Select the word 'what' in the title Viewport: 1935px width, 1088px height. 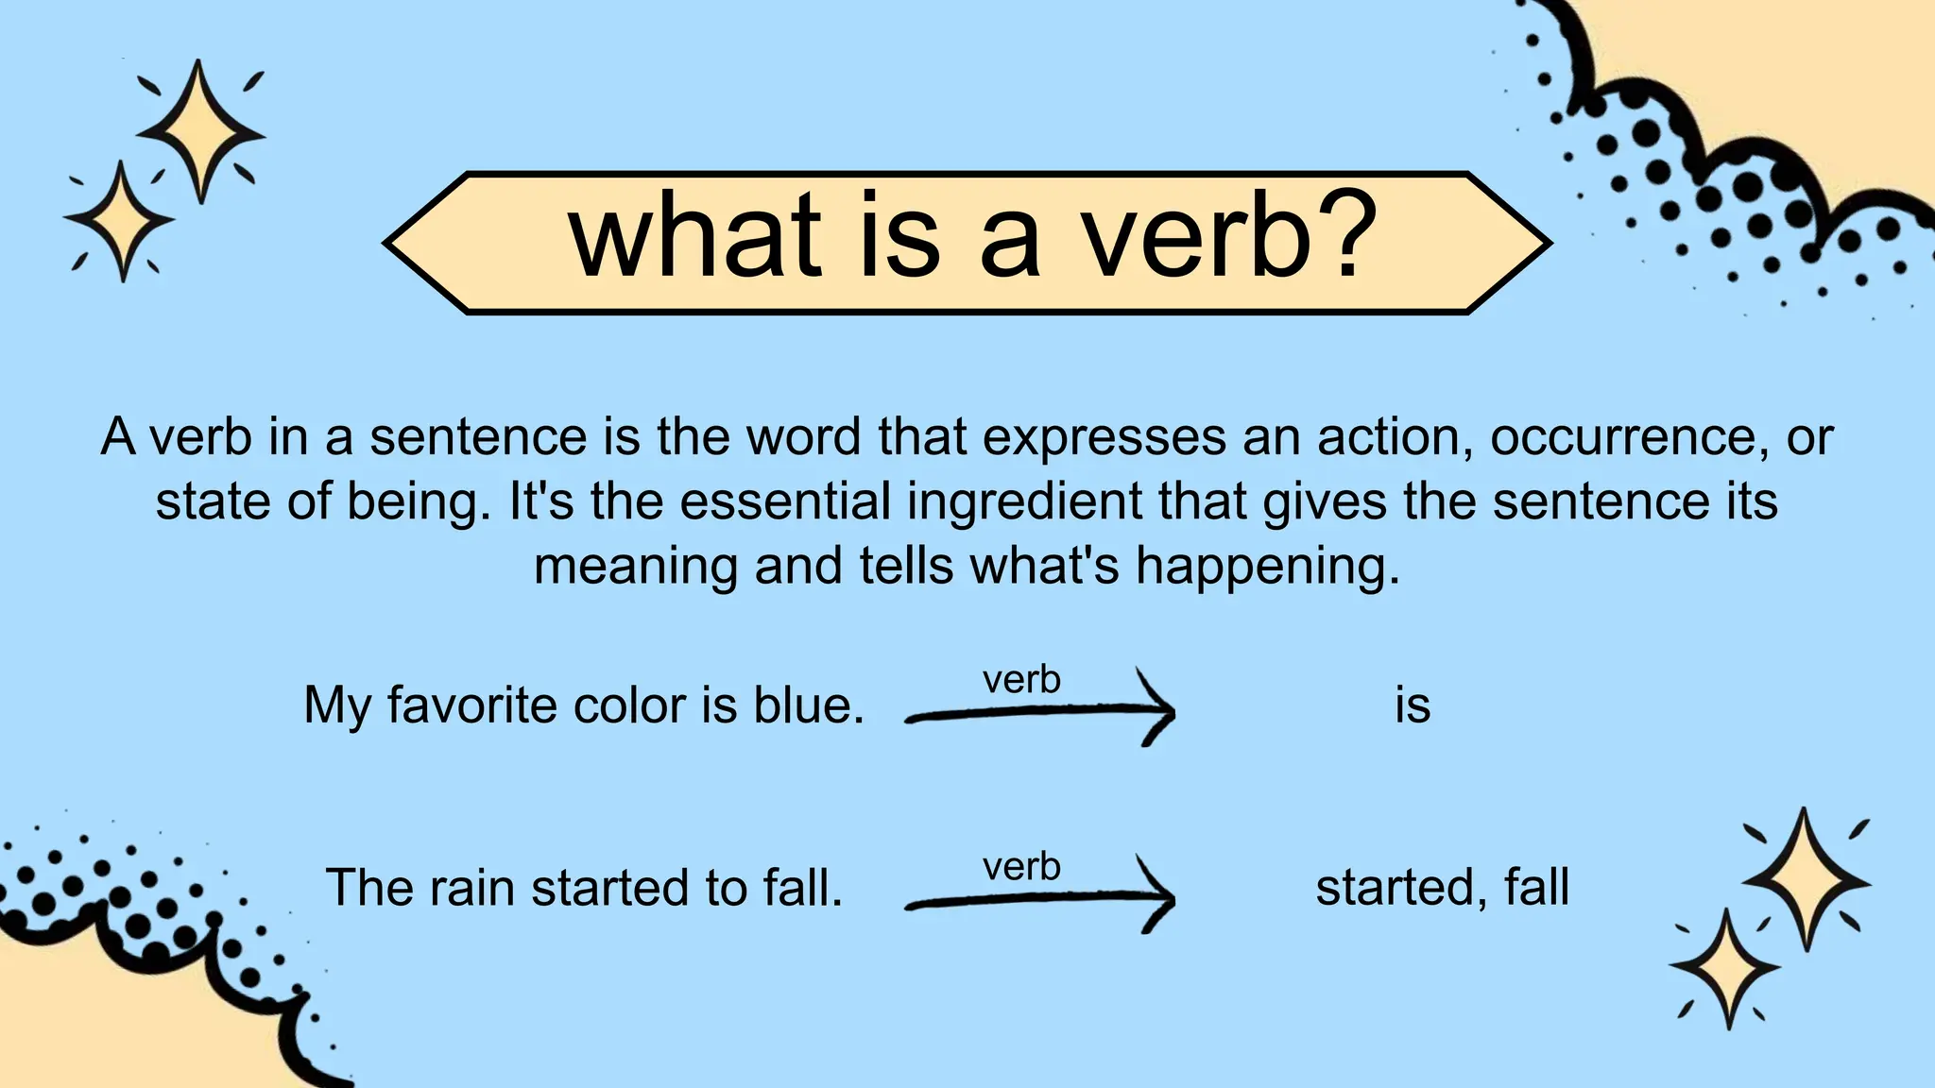pyautogui.click(x=694, y=236)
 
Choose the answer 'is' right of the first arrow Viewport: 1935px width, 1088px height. pyautogui.click(x=1413, y=705)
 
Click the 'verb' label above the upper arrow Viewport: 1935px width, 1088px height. pyautogui.click(x=1021, y=680)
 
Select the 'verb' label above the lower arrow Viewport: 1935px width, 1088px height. pyautogui.click(x=1021, y=867)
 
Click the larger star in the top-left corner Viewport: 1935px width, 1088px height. pyautogui.click(x=199, y=131)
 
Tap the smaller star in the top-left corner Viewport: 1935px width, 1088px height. pyautogui.click(x=120, y=221)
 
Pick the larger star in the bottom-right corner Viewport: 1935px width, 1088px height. pyautogui.click(x=1805, y=880)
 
